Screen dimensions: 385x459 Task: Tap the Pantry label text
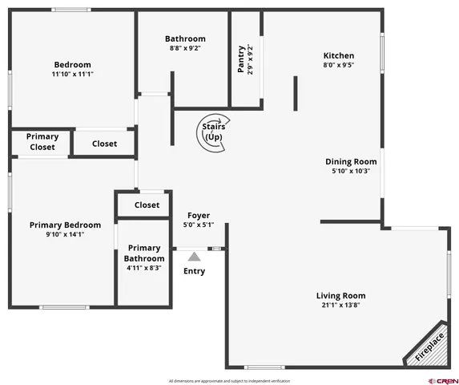click(x=241, y=59)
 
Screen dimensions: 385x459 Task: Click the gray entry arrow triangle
click(x=194, y=256)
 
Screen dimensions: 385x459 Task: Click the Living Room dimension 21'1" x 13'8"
click(x=340, y=306)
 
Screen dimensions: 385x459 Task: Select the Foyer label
click(x=199, y=215)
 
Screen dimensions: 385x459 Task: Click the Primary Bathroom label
click(x=144, y=253)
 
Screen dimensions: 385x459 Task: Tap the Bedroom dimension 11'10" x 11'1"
click(x=72, y=74)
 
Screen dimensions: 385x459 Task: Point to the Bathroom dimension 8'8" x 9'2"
click(x=185, y=48)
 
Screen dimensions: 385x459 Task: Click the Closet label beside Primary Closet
click(x=104, y=144)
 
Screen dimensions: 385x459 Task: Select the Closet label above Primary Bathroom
click(x=147, y=205)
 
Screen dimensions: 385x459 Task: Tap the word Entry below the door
click(x=194, y=271)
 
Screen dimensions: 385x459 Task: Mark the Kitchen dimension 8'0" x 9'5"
click(x=338, y=66)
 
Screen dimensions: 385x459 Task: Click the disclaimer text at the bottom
click(x=229, y=380)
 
